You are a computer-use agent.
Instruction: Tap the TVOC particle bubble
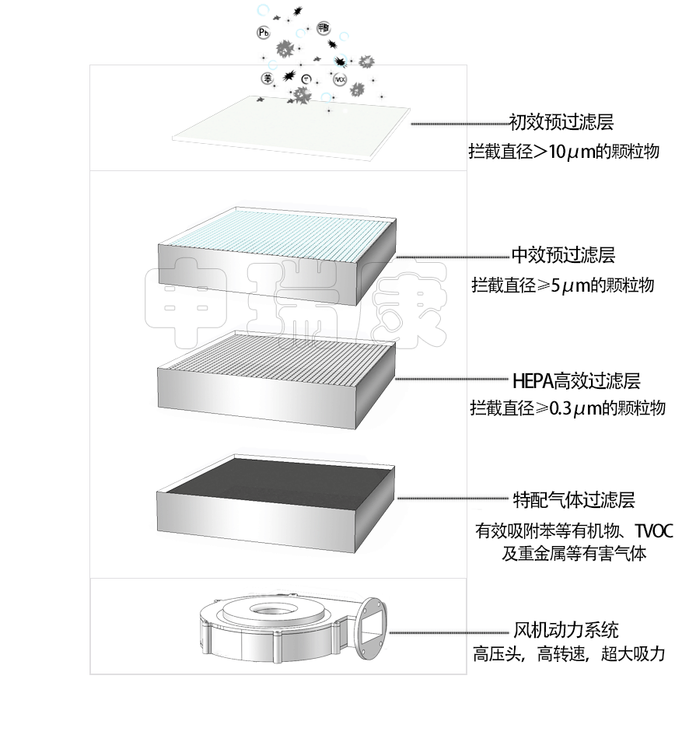[340, 79]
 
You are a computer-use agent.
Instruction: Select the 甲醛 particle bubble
[324, 28]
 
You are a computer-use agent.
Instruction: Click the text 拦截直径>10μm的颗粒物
[564, 152]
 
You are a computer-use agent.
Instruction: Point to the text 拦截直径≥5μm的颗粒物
[562, 285]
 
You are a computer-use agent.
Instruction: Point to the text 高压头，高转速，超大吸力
[569, 654]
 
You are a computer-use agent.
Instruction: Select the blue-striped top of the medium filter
[280, 229]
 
